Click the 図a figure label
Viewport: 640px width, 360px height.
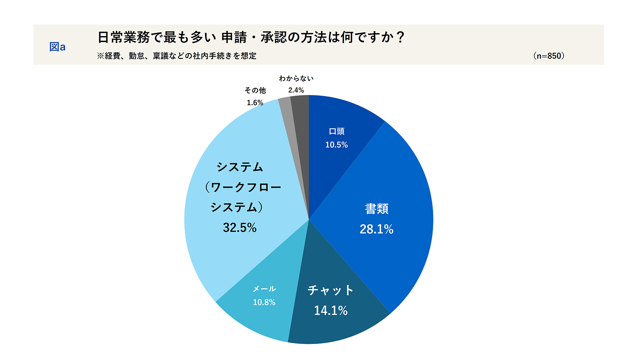(x=57, y=47)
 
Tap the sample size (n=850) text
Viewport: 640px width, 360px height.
(x=548, y=56)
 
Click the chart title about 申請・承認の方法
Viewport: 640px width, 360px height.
(x=251, y=37)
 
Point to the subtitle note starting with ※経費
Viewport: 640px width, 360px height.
(x=176, y=56)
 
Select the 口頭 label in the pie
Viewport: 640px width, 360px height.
(x=336, y=131)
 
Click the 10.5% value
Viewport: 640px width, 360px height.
(x=336, y=145)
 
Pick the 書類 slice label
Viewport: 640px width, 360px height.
(x=376, y=208)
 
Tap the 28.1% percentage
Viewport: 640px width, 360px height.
(x=376, y=229)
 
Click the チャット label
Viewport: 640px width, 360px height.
(x=330, y=290)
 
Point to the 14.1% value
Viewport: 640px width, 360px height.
(x=331, y=310)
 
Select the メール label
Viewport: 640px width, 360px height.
(x=264, y=289)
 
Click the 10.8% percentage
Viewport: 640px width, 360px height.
(x=264, y=302)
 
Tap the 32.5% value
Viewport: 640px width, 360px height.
(x=240, y=228)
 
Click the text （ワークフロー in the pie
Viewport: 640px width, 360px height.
(x=243, y=187)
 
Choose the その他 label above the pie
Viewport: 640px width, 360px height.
(x=255, y=90)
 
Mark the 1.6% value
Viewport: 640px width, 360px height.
(x=255, y=103)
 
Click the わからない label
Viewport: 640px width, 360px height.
(x=296, y=78)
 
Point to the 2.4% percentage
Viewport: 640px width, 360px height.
(x=296, y=90)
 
